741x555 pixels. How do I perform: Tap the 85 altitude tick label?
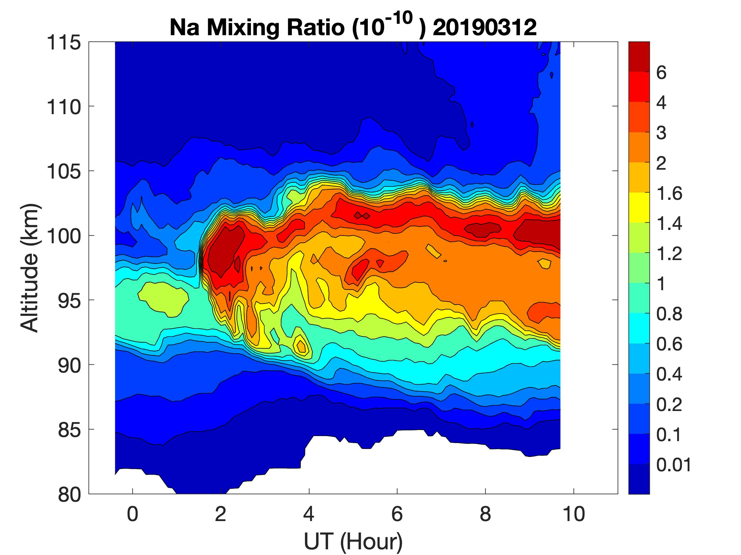coord(70,430)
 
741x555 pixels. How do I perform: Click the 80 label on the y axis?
coord(70,494)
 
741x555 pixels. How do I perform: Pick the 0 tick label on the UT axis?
coord(133,514)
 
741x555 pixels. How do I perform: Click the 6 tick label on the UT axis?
coord(397,514)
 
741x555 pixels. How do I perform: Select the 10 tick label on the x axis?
coord(574,514)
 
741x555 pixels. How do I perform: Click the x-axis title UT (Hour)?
coord(353,541)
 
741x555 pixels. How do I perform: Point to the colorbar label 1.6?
coord(669,193)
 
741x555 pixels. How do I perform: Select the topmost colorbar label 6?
coord(661,73)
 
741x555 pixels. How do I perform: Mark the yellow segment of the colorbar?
coord(639,207)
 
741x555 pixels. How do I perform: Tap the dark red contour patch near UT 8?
coord(482,229)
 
